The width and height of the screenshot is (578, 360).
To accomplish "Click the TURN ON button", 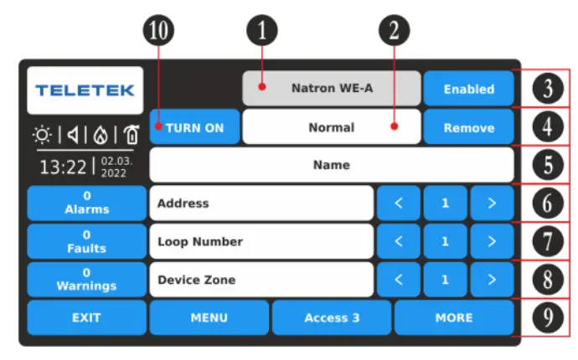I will click(x=194, y=128).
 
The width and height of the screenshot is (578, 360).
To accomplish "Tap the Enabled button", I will click(x=468, y=88).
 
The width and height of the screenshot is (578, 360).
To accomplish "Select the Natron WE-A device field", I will click(x=332, y=88).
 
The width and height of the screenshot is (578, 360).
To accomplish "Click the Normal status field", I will click(x=332, y=128).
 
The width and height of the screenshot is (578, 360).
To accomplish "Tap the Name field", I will click(x=332, y=165).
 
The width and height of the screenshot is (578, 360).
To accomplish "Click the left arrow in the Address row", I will click(x=399, y=203).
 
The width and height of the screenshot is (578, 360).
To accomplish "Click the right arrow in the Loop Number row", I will click(x=492, y=241).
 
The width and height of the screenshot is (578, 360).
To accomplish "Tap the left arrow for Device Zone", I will click(x=399, y=279).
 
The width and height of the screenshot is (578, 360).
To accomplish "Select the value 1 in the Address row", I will click(x=445, y=203).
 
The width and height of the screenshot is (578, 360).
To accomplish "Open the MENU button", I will click(x=209, y=318).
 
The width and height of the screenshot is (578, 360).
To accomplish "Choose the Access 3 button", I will click(x=332, y=318).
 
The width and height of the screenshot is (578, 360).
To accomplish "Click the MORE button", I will click(x=454, y=318).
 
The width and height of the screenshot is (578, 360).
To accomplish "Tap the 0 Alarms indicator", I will click(x=86, y=203).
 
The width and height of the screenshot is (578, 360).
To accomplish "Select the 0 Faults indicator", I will click(x=86, y=241).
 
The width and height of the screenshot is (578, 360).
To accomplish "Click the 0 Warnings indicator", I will click(x=86, y=279).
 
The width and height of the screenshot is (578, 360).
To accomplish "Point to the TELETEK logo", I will click(x=85, y=90).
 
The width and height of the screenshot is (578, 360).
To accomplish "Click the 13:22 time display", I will click(x=63, y=166).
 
